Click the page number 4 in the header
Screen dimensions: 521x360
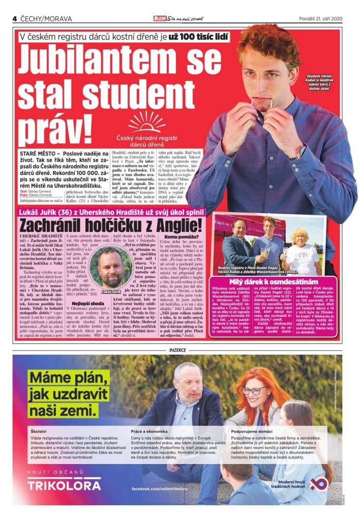(x=15, y=18)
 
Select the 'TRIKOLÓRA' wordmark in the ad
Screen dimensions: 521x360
(x=64, y=485)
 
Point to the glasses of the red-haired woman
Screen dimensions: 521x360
(x=254, y=390)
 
